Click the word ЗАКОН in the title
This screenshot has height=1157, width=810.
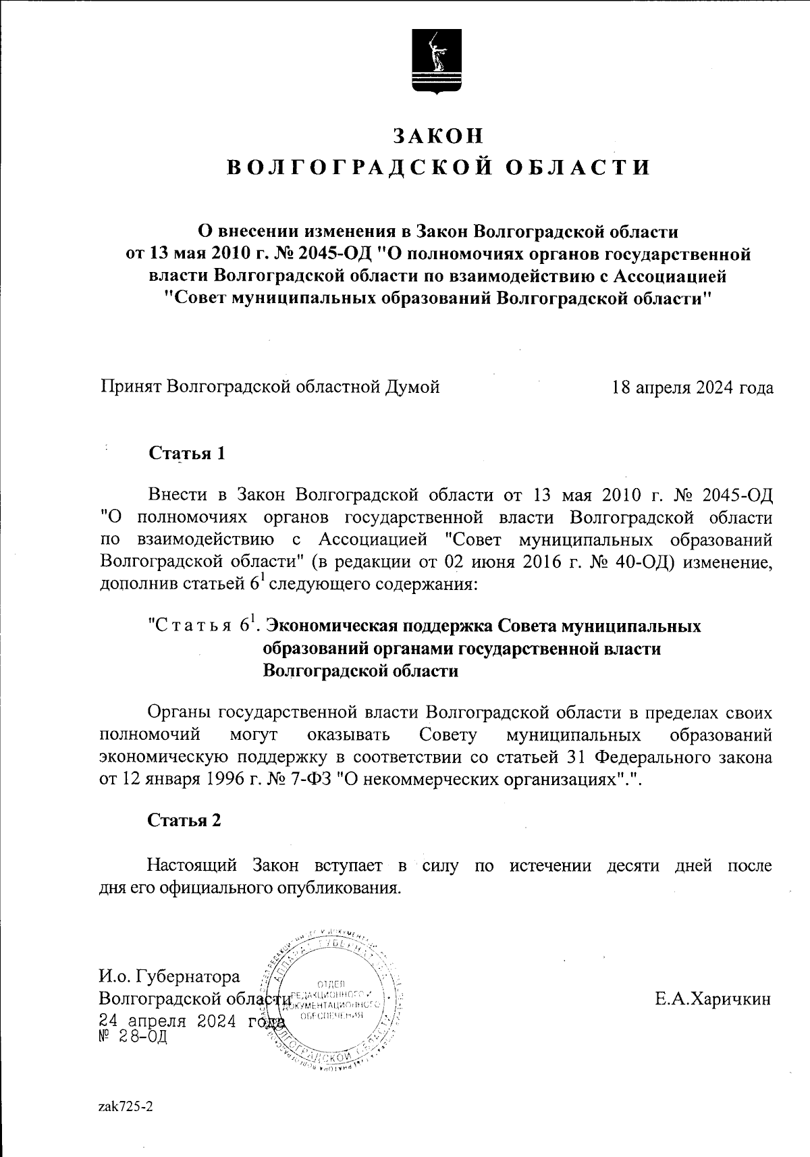(439, 136)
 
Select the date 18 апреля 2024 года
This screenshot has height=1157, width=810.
(693, 387)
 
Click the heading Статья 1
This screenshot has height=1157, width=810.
(186, 453)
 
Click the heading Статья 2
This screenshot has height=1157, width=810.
(185, 820)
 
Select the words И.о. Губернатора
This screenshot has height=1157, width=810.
(169, 977)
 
